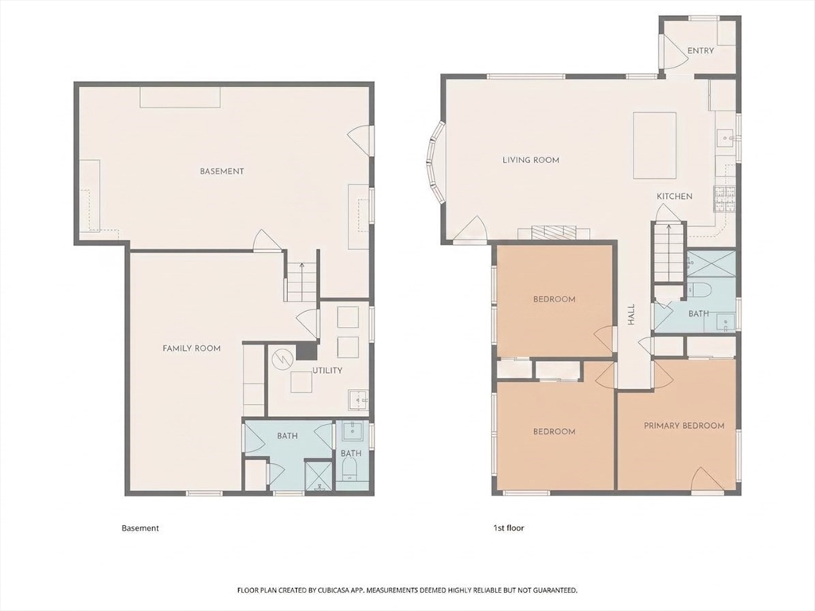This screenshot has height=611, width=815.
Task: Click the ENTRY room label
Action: coord(700,50)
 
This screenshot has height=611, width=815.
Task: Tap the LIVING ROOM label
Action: coord(531,160)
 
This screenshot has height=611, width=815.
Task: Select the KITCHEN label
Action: coord(674,197)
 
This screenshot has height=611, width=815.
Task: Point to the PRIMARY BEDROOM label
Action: coord(684,426)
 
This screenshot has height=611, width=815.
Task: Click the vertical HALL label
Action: coord(631,315)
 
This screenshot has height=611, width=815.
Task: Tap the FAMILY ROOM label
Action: coord(191,348)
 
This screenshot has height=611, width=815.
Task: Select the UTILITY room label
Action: coord(327,371)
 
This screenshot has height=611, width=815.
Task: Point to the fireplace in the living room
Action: coord(554,232)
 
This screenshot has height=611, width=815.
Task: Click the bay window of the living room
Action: coord(434,162)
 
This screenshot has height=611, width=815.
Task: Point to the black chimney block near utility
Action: coord(306,351)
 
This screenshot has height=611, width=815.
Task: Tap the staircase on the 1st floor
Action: coord(668,253)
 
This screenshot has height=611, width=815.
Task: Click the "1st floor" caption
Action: coord(509,528)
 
